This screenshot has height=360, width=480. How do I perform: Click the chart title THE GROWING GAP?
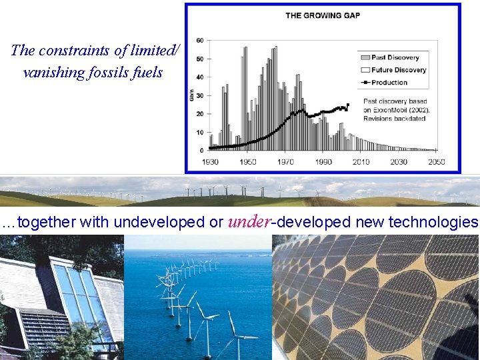pos(322,15)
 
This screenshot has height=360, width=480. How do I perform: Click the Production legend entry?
pos(389,83)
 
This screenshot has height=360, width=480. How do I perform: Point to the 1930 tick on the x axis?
pos(210,162)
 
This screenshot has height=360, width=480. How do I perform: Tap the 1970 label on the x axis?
pos(285,162)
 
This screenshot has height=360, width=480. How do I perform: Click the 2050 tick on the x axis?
pos(437,162)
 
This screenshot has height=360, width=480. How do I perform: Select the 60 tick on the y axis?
pos(200,41)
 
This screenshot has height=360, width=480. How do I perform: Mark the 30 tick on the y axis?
pos(200,95)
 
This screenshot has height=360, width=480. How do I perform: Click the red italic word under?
pos(249,222)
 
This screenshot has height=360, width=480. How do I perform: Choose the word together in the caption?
pos(47,222)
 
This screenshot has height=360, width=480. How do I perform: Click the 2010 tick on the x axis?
pos(361,162)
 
